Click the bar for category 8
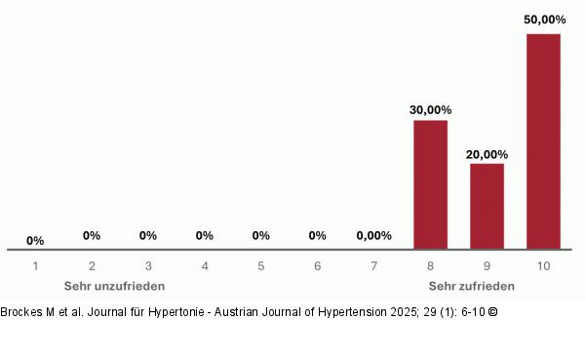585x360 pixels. (430, 184)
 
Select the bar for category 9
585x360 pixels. (487, 206)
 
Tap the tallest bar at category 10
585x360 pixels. (543, 141)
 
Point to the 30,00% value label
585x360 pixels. (430, 109)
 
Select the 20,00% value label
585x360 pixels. (487, 153)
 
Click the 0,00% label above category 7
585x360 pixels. (373, 235)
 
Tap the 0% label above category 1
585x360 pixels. (35, 240)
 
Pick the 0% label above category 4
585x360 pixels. (205, 235)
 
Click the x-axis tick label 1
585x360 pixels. (35, 265)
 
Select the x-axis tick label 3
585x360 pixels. (148, 265)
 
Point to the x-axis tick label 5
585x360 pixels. (261, 265)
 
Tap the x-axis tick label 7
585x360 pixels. (373, 265)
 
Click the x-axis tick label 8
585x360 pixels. (430, 265)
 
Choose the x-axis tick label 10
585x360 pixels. (543, 265)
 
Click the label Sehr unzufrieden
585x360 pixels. (114, 286)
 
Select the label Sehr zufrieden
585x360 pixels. (472, 286)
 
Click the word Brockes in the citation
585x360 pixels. (22, 312)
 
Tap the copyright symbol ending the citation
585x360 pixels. (492, 312)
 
